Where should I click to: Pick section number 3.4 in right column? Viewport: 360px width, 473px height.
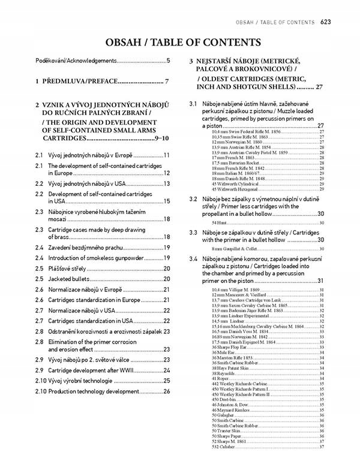193,258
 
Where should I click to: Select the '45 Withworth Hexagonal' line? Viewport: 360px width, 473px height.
241,189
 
